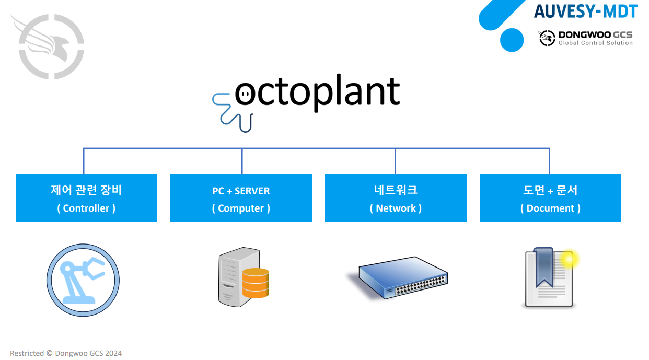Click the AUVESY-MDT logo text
pos(585,11)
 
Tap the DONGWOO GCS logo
pos(585,38)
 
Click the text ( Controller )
pos(86,208)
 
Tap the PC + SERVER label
pos(241,191)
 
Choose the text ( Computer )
pos(241,208)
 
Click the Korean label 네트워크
pos(396,190)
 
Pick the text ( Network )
pos(396,208)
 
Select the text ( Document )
pos(550,208)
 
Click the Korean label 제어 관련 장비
pos(86,190)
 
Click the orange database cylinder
pos(256,283)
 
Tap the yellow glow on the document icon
pos(568,259)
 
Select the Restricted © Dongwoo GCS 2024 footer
pos(66,353)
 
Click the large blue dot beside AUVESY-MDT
pos(512,40)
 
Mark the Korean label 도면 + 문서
pos(550,190)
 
